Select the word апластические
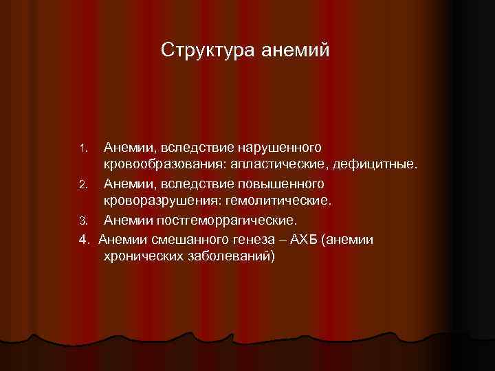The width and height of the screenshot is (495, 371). [x=277, y=166]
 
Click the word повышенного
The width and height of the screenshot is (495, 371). [x=281, y=184]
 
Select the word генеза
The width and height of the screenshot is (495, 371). [x=256, y=239]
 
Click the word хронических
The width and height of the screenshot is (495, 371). [x=142, y=257]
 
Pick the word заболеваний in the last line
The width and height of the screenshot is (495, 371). [x=230, y=257]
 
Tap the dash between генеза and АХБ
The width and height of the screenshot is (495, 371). [x=284, y=239]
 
